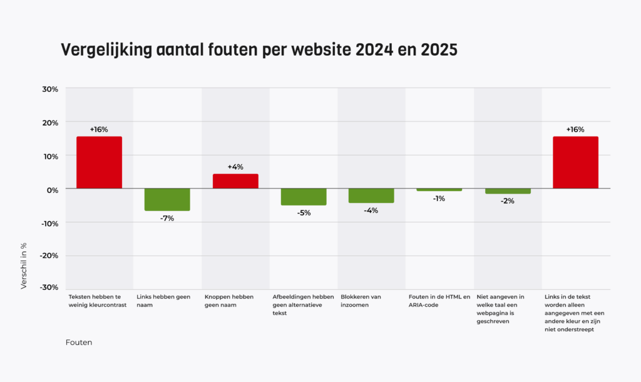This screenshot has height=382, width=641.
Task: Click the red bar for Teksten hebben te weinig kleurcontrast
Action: point(99,162)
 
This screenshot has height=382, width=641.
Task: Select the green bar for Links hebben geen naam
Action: point(167,200)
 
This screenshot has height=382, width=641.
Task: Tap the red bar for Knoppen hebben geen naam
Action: point(235,181)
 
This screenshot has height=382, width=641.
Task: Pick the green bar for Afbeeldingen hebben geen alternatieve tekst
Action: point(304,197)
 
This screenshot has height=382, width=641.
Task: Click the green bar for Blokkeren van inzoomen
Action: point(371,195)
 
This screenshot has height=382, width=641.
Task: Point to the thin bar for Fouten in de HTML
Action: point(439,190)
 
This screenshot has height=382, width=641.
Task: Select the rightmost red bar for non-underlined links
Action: point(575,162)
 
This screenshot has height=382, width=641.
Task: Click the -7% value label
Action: point(167,218)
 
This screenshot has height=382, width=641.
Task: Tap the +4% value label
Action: point(235,167)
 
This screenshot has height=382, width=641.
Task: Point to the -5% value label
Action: point(304,213)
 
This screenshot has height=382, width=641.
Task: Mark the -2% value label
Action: point(507,201)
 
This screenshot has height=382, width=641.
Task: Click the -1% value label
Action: point(439,199)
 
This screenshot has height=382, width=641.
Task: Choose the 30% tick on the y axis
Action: point(50,89)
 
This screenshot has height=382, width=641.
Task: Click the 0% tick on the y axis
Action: point(53,189)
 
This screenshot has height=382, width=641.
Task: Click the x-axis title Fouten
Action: point(78,343)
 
